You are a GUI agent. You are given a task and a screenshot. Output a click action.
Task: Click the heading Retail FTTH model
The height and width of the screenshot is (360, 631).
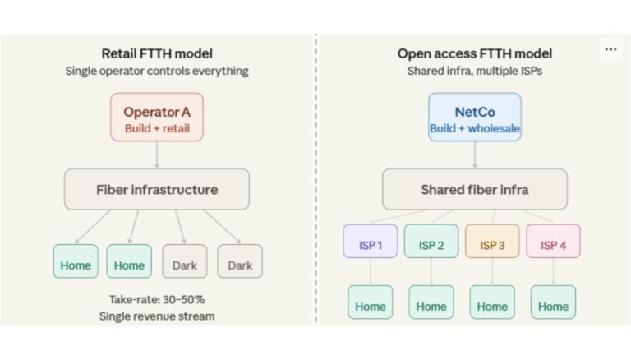coord(156,53)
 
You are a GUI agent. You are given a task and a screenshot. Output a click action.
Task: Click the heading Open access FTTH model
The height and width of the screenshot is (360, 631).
coord(474,53)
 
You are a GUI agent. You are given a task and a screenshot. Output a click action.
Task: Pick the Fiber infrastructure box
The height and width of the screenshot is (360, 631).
coord(156,190)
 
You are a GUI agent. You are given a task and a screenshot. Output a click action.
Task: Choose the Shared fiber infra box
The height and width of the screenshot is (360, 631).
coord(474,190)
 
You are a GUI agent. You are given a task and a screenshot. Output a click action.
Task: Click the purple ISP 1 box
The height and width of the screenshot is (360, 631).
coord(370,244)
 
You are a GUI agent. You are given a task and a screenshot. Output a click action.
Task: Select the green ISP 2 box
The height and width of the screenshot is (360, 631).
coord(431,244)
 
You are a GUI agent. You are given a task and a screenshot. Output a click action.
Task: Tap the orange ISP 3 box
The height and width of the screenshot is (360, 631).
coord(492,244)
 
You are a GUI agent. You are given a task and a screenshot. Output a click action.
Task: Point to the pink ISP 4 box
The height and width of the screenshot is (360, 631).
coord(553,244)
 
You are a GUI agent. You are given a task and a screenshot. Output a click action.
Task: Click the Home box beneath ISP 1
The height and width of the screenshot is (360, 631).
coord(370,306)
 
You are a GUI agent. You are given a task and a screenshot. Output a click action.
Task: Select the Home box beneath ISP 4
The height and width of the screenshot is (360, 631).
coord(553,306)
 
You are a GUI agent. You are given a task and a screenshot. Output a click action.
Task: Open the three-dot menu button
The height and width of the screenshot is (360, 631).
coord(610,49)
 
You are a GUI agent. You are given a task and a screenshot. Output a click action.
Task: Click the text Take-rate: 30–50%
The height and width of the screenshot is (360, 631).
coord(156,299)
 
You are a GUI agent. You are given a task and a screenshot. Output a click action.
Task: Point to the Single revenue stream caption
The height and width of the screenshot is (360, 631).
coord(156,316)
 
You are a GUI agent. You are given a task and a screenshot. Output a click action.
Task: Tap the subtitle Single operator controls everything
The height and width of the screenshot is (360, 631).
coord(156,71)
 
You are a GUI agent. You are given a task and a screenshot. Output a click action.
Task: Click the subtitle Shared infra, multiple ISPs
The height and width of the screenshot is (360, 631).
coord(474,71)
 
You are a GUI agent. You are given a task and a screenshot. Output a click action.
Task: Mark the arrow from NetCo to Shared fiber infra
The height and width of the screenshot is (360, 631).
coord(474,155)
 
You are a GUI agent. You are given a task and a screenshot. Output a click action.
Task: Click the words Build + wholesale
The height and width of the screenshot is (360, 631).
coord(474,129)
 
